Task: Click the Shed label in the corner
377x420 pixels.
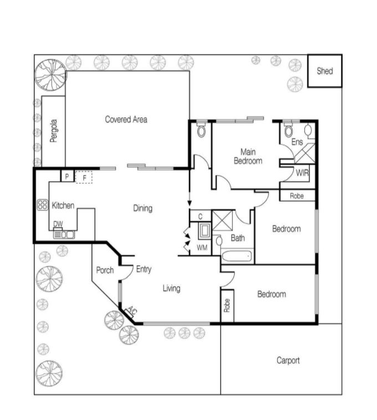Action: [324, 71]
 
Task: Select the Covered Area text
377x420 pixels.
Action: [126, 119]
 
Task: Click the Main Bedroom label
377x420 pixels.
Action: [248, 156]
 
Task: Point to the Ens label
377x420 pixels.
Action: [297, 142]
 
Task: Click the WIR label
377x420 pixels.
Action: [302, 173]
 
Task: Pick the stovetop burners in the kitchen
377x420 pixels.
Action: [42, 205]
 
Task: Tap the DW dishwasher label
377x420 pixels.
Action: [58, 224]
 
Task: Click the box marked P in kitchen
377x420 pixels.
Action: [67, 177]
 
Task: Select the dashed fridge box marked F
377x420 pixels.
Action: [84, 177]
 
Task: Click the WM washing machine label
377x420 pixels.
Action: [202, 248]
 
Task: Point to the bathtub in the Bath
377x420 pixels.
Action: [237, 257]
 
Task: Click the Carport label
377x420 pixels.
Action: [288, 361]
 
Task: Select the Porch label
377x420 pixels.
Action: [105, 270]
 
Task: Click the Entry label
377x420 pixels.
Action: [144, 269]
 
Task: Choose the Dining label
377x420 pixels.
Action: [142, 208]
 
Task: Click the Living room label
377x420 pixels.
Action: [171, 288]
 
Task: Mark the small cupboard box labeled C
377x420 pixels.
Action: [200, 216]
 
